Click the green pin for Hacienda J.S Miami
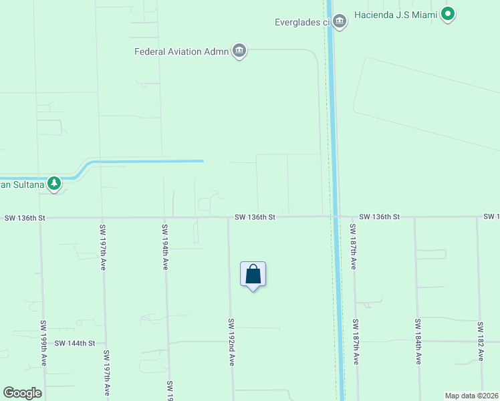[x=448, y=14]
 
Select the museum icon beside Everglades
[x=340, y=21]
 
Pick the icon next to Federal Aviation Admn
[x=239, y=51]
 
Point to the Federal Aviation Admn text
[x=181, y=51]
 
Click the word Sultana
[x=27, y=182]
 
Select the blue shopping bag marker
[x=253, y=275]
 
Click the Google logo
[x=22, y=393]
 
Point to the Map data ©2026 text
[x=471, y=396]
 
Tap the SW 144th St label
[x=76, y=343]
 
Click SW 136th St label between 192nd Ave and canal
[x=255, y=217]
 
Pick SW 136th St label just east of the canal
[x=379, y=217]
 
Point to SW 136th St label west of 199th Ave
[x=24, y=218]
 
